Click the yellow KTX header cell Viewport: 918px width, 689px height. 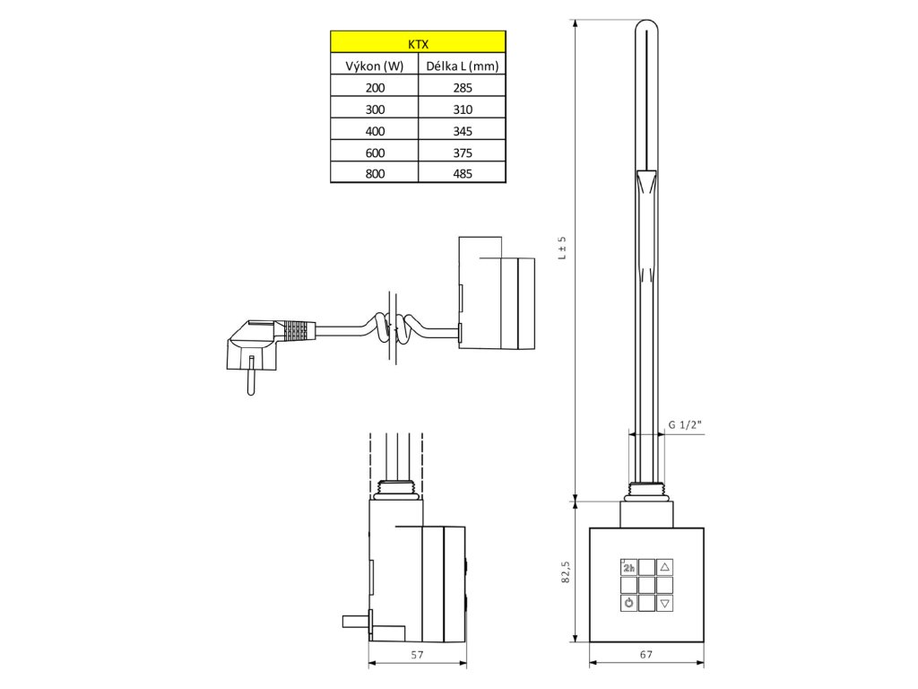pos(418,42)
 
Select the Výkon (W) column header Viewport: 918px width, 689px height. pos(375,65)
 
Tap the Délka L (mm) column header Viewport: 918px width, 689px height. pos(462,65)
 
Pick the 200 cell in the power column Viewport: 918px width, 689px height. pos(375,88)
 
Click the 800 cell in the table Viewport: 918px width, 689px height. pos(375,174)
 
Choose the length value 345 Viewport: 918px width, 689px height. pos(462,131)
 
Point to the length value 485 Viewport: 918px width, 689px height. pos(462,174)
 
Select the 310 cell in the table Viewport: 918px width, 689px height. pos(462,109)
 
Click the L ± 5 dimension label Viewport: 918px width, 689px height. pos(562,248)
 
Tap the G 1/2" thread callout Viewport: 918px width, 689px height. pos(683,425)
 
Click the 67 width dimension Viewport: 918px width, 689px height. pos(646,655)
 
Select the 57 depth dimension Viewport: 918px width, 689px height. pos(417,655)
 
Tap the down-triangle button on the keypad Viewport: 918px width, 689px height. pos(664,603)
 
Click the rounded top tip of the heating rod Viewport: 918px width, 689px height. pos(647,30)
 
